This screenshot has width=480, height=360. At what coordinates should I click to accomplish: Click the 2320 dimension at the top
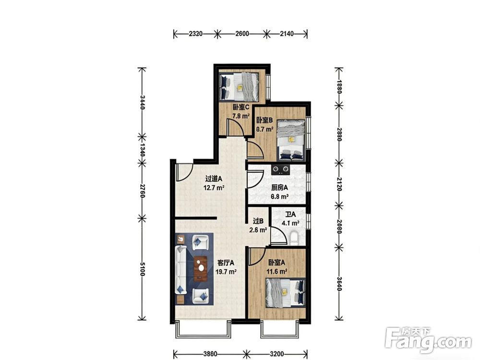196,34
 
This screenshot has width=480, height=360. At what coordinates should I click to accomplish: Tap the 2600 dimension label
242,34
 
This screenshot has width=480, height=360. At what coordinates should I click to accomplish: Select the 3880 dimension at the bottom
210,354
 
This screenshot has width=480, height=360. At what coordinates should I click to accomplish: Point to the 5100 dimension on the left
142,269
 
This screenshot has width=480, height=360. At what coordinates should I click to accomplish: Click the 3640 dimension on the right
339,284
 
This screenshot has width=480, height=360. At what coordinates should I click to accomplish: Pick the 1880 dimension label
339,86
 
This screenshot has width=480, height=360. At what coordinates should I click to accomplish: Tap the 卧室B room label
264,120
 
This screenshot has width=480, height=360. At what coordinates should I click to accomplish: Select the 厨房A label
279,188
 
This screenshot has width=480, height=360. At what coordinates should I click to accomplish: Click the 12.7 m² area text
214,187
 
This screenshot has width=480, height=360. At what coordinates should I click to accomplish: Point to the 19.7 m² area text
226,271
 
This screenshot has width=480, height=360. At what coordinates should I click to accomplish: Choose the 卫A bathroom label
290,215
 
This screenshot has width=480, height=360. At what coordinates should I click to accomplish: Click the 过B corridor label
258,221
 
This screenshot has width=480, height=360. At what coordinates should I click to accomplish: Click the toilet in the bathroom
294,238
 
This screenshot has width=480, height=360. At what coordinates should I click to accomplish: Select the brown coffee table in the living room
201,268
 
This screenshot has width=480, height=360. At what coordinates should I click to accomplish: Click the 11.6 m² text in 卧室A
277,271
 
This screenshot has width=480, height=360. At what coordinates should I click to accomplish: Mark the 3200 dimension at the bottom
276,354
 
